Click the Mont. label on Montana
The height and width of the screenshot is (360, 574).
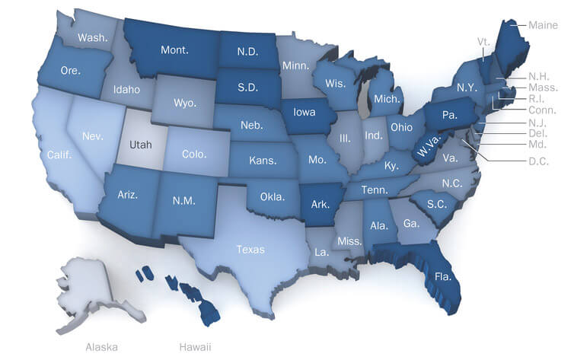[175, 50]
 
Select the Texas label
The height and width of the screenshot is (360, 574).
[250, 248]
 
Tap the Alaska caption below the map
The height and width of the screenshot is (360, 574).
[101, 346]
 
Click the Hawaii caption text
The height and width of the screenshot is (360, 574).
[195, 346]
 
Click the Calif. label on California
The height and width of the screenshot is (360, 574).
[59, 155]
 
